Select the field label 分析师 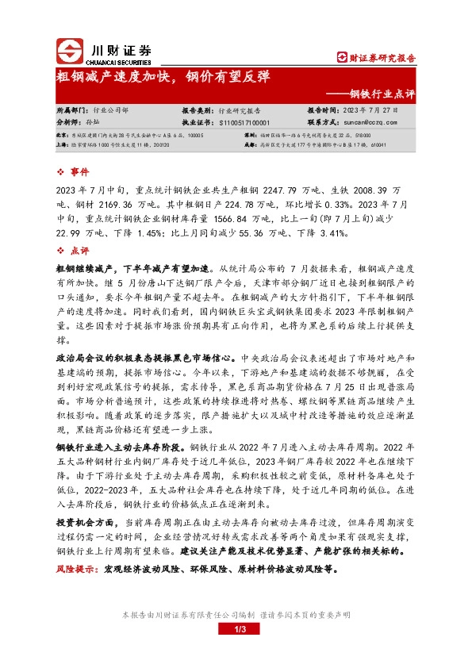tap(69, 123)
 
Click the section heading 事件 tap(81, 172)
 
